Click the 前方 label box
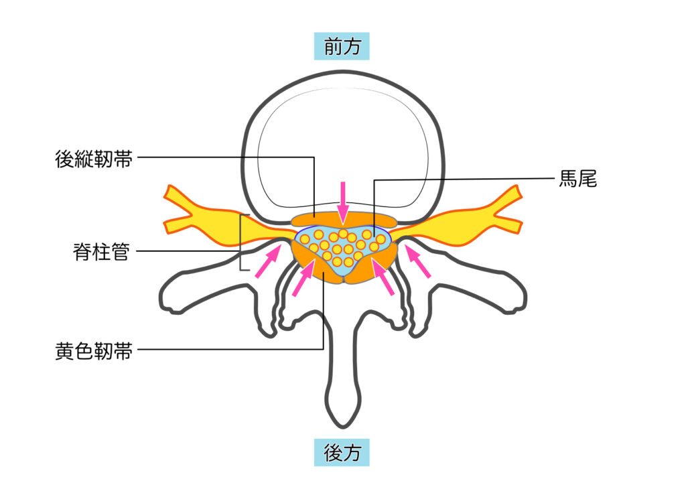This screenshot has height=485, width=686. (342, 46)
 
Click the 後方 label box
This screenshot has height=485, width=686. (342, 452)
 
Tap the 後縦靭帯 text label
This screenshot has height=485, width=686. (94, 159)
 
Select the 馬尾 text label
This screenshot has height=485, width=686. (578, 179)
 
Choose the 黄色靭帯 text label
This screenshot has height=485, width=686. (94, 351)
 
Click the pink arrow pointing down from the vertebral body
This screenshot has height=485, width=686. (343, 203)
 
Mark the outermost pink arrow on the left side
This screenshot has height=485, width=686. (268, 261)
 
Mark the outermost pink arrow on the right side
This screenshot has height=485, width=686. (418, 261)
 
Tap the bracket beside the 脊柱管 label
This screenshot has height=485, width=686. (241, 242)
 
